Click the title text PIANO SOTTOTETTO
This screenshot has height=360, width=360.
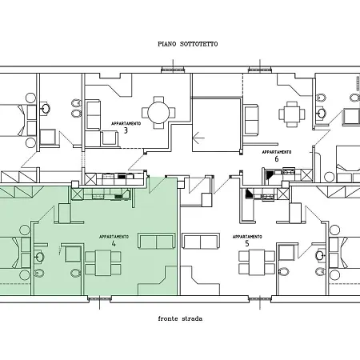point(187,44)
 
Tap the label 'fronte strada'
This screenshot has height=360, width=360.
point(180,318)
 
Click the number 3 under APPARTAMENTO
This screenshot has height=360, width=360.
point(126,130)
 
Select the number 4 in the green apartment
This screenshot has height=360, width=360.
point(114,243)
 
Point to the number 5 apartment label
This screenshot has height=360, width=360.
point(247,243)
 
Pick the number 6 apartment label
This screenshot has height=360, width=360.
point(277,159)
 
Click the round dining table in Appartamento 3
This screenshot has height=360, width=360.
point(158,113)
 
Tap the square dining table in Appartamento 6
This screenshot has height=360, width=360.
point(292,114)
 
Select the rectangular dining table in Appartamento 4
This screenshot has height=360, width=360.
point(103,263)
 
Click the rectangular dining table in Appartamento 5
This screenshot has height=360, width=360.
point(257,262)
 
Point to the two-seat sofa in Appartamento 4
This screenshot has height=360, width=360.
point(157,241)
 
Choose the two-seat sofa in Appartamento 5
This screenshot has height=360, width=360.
point(201,241)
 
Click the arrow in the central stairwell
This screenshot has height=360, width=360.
point(198,138)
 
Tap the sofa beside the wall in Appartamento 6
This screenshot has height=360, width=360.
point(251,120)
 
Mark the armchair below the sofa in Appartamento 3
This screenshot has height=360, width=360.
point(110,138)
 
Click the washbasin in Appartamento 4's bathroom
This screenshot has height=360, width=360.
point(39,257)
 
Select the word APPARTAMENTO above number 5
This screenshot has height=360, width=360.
point(247,237)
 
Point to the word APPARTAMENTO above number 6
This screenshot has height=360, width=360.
point(277,152)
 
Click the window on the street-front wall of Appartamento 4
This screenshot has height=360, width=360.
point(99,299)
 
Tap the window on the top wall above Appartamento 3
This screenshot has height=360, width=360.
point(173,70)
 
